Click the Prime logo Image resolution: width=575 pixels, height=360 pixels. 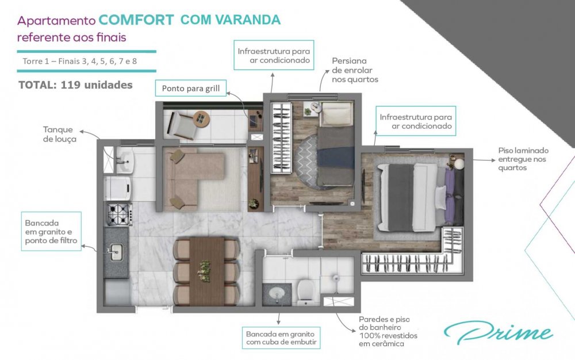(498, 332)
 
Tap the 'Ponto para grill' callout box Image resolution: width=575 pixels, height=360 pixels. (191, 88)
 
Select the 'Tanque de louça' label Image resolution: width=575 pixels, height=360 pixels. (60, 134)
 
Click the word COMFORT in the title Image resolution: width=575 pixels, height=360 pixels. (136, 20)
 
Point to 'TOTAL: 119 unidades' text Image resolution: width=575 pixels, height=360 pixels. (75, 85)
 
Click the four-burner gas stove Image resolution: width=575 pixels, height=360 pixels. (119, 214)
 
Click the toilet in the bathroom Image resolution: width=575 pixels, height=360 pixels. (306, 292)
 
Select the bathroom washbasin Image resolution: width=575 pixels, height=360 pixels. (277, 293)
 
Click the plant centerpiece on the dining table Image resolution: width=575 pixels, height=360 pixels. (204, 271)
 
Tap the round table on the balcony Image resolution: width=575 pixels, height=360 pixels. (201, 119)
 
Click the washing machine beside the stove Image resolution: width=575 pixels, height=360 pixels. (118, 189)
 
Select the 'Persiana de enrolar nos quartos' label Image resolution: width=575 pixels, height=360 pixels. (355, 70)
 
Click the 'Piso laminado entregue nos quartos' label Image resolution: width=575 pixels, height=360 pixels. (523, 159)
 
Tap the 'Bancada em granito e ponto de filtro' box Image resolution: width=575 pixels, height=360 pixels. (51, 231)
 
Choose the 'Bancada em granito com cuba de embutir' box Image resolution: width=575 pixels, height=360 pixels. (281, 338)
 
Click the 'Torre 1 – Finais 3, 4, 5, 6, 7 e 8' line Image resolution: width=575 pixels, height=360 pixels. (79, 61)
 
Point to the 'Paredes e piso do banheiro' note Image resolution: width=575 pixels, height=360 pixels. (388, 331)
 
